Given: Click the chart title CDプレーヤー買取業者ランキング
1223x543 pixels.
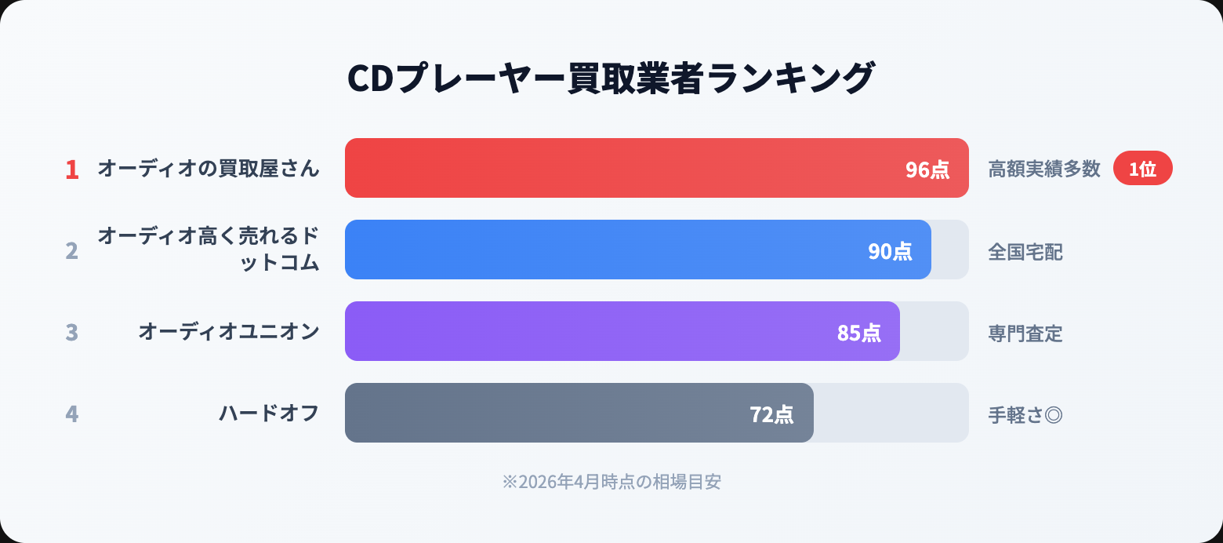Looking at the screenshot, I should pos(611,78).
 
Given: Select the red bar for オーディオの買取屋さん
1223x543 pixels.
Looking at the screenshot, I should pos(611,168).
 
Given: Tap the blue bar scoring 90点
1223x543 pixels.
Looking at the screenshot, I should pos(596,250).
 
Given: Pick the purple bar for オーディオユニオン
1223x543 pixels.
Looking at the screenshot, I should pos(580,331).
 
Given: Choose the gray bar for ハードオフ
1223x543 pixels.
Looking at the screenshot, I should pos(541,413).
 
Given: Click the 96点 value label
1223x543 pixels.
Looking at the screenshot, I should pos(927,169).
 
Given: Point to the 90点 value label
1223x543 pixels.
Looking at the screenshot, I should pos(890,251).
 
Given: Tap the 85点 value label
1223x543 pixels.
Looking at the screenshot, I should pos(858,333).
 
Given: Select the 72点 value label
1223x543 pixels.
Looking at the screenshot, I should pos(772,414).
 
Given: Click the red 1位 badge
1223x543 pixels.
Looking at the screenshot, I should pos(1142,169).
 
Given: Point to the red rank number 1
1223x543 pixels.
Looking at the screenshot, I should pos(72,169).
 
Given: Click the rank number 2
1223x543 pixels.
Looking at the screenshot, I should pos(72,251).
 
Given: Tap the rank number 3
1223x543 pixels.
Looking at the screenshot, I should pos(72,333).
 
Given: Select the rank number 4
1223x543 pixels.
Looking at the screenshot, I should pos(72,414).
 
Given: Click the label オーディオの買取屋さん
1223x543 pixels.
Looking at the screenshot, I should pos(209,169).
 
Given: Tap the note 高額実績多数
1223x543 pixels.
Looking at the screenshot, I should pos(1044,169).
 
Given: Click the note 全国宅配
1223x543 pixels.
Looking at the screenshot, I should pos(1025,252).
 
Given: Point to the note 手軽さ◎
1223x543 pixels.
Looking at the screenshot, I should pos(1025,415).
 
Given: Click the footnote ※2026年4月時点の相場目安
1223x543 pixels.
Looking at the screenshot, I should pos(611,482).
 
